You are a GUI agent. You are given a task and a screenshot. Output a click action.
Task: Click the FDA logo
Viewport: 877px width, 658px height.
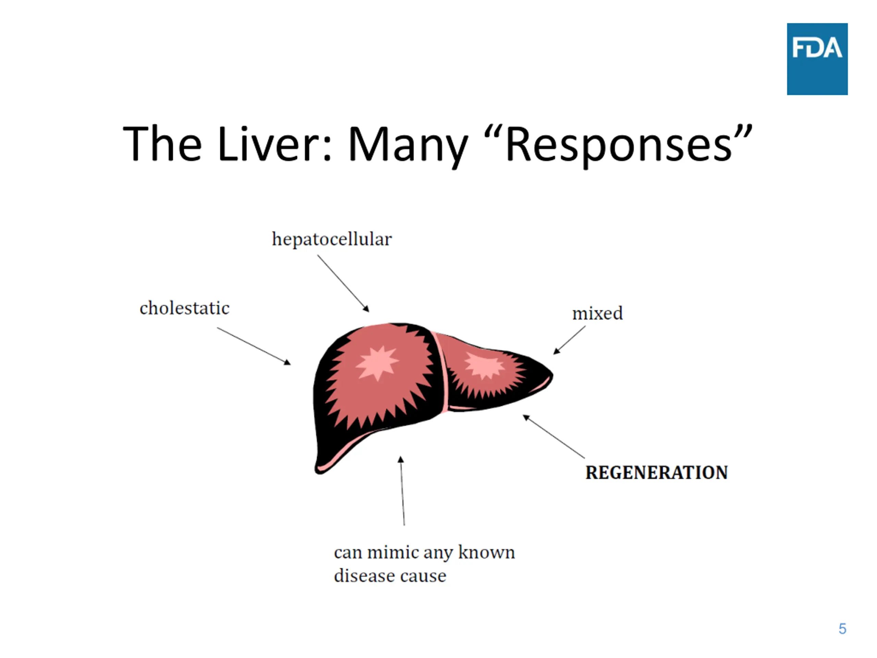pyautogui.click(x=817, y=59)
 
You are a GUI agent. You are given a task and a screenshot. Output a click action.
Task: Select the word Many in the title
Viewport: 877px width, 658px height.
pyautogui.click(x=408, y=144)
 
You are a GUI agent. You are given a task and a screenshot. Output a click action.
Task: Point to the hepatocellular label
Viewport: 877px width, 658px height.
pyautogui.click(x=332, y=239)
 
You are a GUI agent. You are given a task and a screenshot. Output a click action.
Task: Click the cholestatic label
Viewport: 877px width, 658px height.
pyautogui.click(x=184, y=308)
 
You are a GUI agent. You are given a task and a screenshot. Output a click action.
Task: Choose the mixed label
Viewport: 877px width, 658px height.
pyautogui.click(x=597, y=313)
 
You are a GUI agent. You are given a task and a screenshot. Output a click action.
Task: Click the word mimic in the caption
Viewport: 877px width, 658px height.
pyautogui.click(x=393, y=552)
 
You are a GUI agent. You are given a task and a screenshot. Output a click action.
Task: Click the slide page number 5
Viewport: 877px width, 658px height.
pyautogui.click(x=842, y=629)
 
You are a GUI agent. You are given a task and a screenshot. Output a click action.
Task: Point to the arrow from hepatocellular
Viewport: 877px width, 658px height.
pyautogui.click(x=343, y=283)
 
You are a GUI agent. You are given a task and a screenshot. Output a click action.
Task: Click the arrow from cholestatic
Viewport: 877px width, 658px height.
pyautogui.click(x=254, y=345)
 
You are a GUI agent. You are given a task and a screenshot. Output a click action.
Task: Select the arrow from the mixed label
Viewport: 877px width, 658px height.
pyautogui.click(x=569, y=340)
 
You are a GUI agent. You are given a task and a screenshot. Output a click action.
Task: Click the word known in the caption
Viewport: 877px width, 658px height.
pyautogui.click(x=486, y=552)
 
